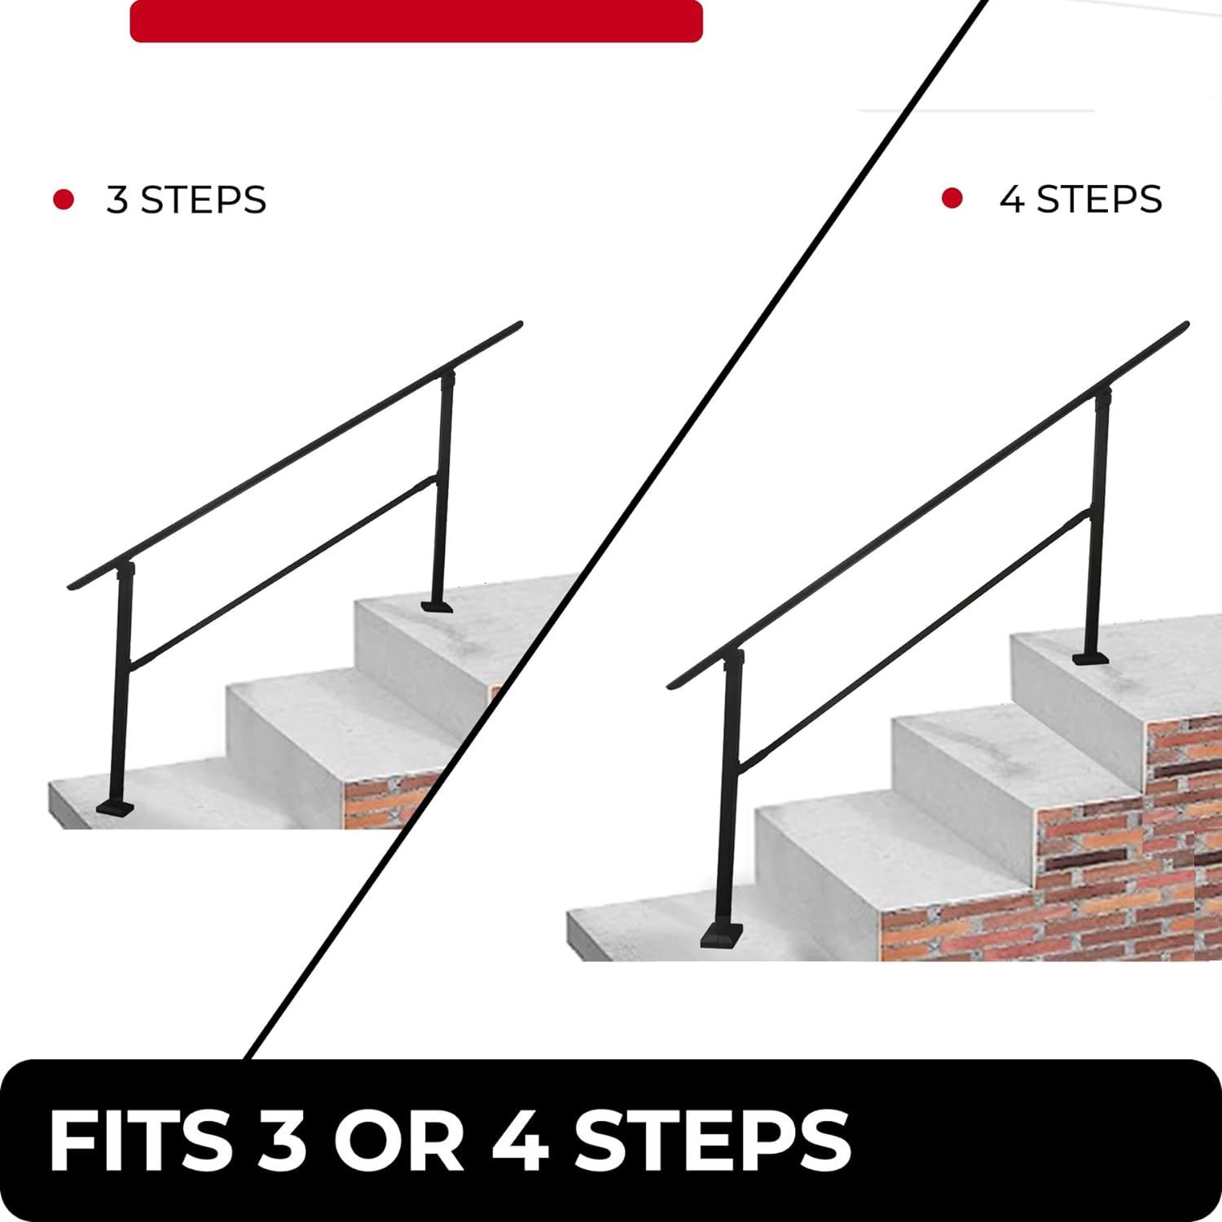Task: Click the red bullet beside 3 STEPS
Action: click(64, 200)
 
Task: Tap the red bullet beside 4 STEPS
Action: click(952, 198)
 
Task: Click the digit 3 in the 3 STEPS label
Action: click(117, 200)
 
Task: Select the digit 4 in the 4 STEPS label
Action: click(1012, 200)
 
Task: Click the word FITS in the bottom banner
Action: click(139, 1141)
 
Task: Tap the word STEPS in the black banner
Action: click(712, 1141)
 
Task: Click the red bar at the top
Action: click(416, 20)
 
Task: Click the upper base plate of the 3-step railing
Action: click(437, 605)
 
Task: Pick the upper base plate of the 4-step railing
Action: click(1090, 657)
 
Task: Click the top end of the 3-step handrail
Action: click(518, 325)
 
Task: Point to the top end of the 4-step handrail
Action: click(1185, 326)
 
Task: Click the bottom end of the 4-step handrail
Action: click(672, 684)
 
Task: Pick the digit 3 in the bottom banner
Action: click(281, 1141)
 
